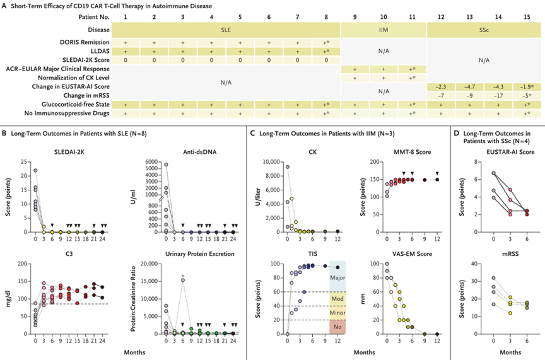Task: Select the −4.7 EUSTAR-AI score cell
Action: [x=470, y=85]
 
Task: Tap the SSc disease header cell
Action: [x=484, y=29]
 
